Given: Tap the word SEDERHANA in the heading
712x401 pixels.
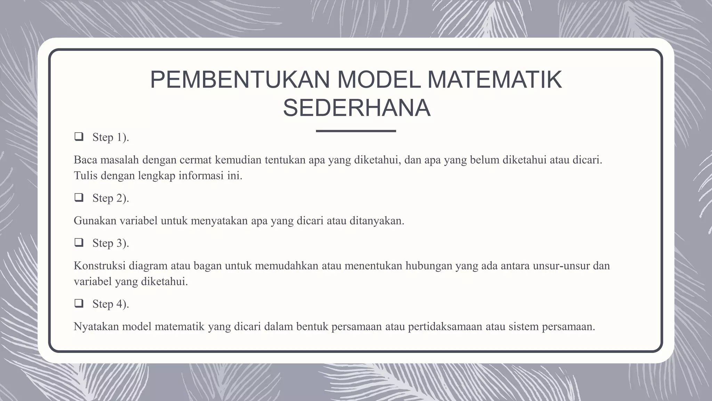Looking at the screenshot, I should [357, 108].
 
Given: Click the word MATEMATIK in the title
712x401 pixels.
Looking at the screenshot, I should [494, 80].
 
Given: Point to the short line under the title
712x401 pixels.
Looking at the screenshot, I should [356, 131].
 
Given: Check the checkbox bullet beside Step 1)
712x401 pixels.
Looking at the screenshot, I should [79, 137].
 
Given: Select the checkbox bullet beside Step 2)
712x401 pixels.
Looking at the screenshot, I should [79, 198].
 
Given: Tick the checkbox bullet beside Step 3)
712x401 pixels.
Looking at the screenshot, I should [79, 243].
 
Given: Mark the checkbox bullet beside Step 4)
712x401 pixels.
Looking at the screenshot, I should [79, 304].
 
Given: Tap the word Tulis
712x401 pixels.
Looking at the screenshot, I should [86, 175].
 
